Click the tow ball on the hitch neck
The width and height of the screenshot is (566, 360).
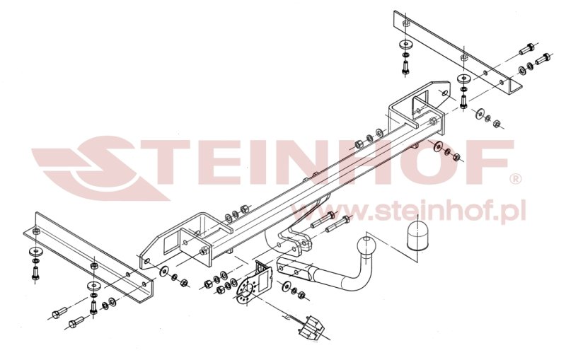[366, 247]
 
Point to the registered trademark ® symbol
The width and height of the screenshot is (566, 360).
[516, 178]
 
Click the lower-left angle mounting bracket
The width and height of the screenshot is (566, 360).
[89, 257]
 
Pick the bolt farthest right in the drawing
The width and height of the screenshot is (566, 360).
[543, 58]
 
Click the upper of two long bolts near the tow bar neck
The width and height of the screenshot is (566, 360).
[323, 219]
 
